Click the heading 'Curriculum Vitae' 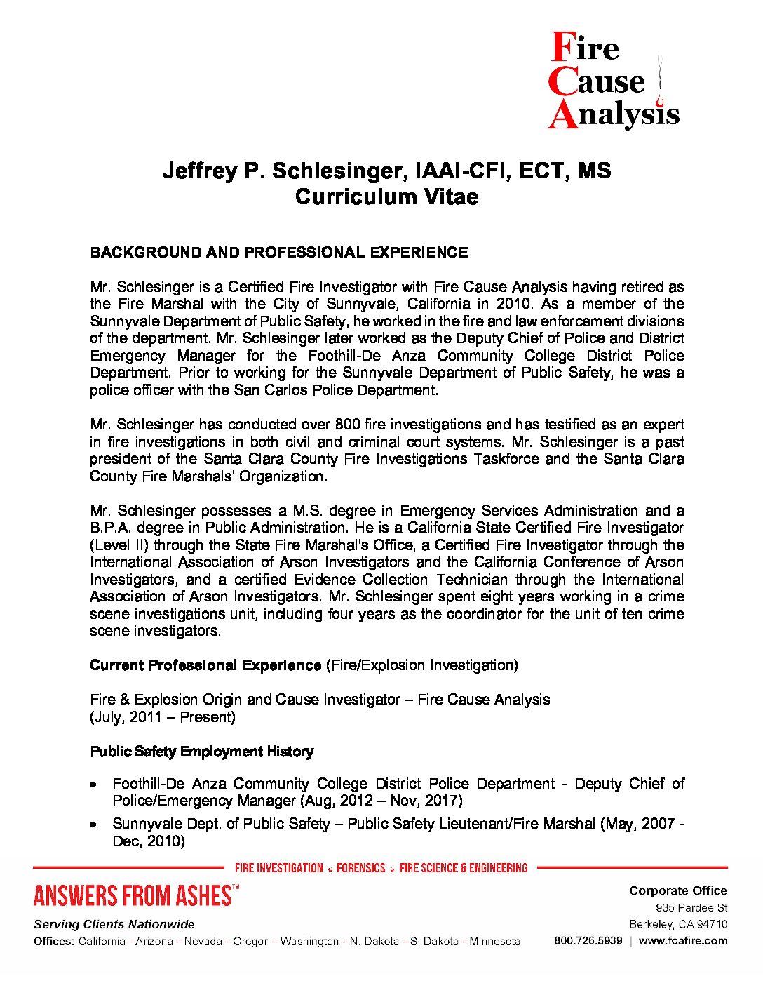(386, 196)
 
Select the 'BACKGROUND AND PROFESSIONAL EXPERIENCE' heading (278, 252)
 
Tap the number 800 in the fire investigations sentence (347, 425)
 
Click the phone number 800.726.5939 (588, 941)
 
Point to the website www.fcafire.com (683, 941)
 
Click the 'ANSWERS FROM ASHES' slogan (133, 896)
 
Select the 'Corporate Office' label (677, 890)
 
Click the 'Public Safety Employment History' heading (201, 752)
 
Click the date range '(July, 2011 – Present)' (163, 717)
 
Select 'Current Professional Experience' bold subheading (205, 665)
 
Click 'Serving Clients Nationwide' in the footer (114, 924)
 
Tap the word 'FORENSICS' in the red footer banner (361, 868)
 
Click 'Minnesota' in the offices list (495, 942)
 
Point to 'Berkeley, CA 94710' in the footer (678, 924)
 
